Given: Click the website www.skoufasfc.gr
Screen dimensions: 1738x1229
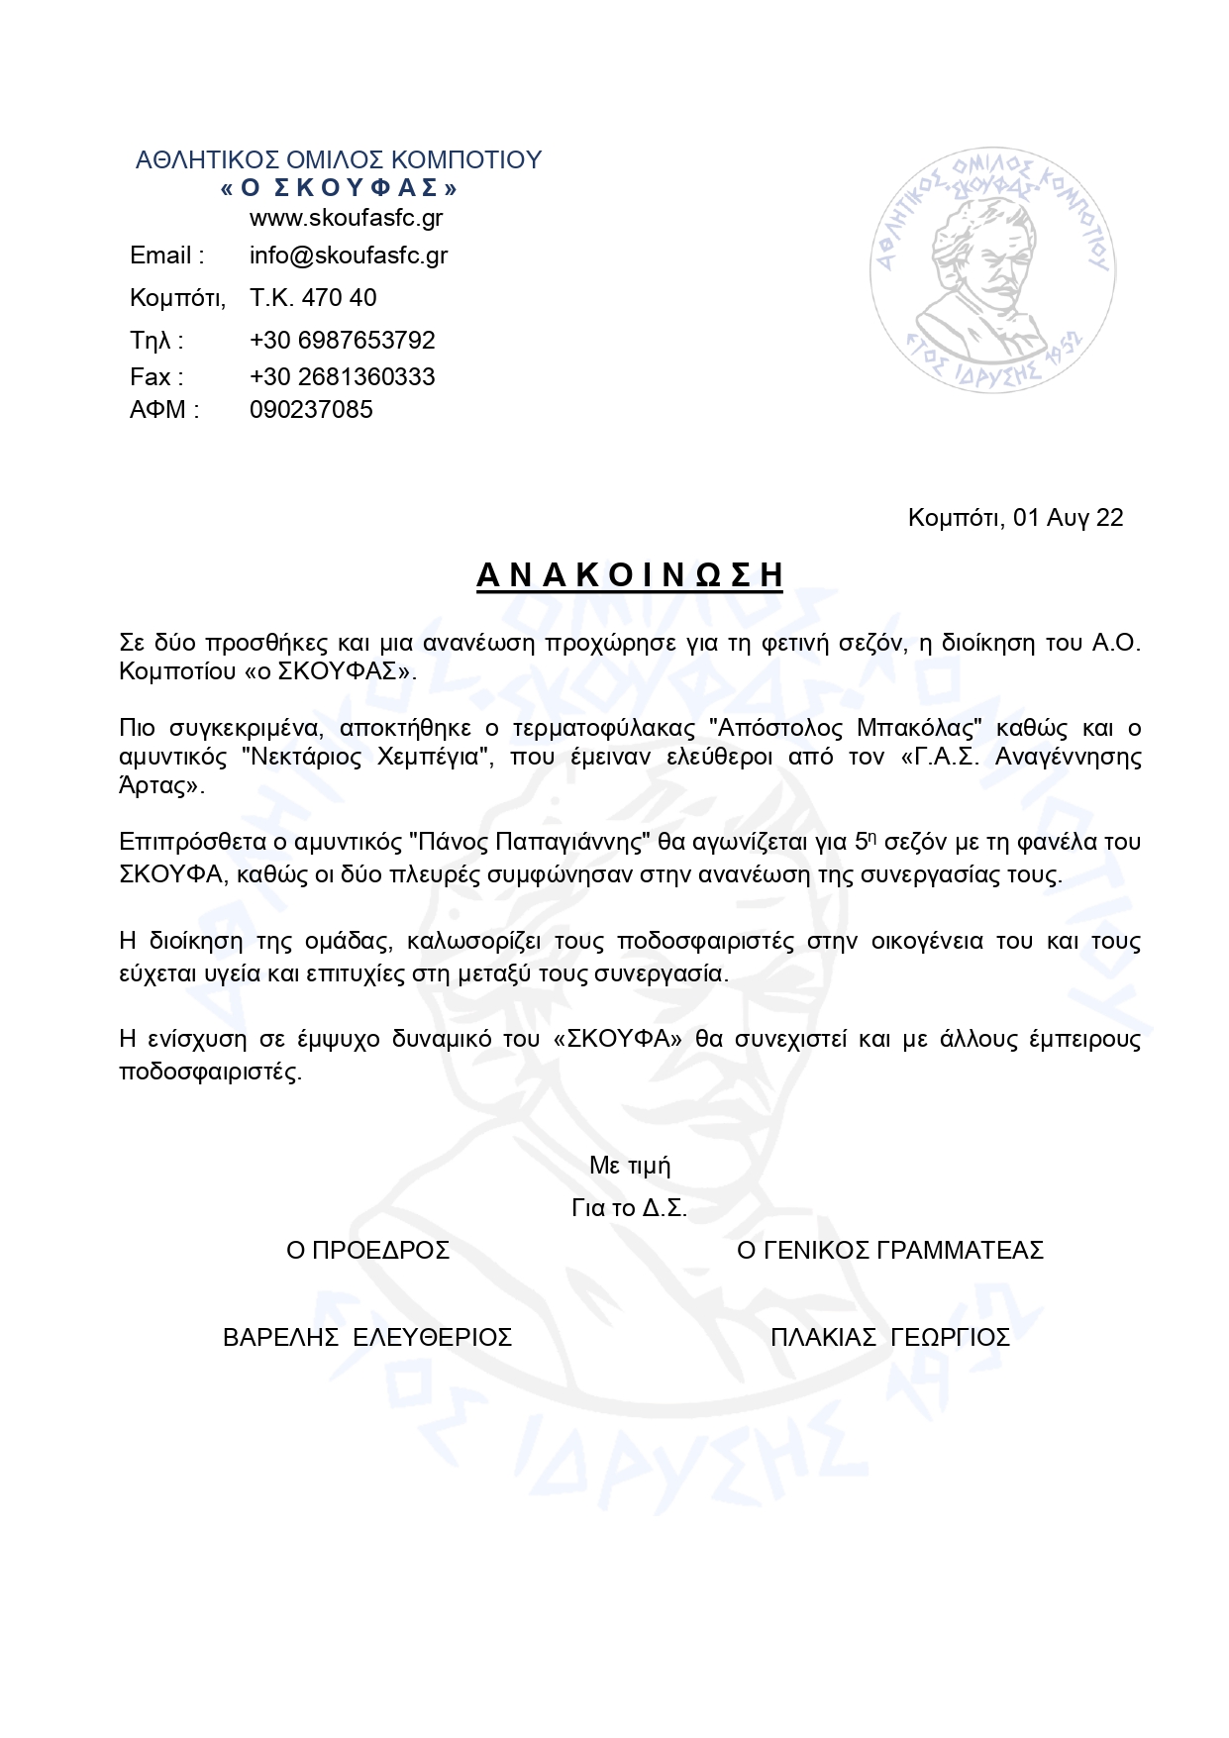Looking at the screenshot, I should click(x=346, y=218).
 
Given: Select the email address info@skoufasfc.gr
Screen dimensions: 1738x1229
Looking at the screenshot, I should click(x=349, y=256).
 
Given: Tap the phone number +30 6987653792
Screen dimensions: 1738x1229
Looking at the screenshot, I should click(x=343, y=341).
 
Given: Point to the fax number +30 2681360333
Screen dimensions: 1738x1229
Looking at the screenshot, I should click(x=343, y=377).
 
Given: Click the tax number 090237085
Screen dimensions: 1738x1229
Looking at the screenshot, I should click(x=311, y=410).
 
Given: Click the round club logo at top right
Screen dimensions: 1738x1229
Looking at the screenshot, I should click(x=992, y=267).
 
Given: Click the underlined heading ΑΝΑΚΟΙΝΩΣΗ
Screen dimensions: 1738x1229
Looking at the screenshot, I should click(x=630, y=575).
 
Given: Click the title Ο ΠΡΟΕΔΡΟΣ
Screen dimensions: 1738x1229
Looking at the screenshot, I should click(x=367, y=1251).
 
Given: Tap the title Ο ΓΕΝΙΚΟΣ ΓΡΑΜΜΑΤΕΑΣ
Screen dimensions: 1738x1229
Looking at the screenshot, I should click(x=890, y=1251).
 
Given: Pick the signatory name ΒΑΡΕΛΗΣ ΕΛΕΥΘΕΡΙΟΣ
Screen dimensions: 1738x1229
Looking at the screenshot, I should click(x=367, y=1338).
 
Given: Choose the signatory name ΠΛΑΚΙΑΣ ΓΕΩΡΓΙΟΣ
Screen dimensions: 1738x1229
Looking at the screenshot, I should click(x=890, y=1338).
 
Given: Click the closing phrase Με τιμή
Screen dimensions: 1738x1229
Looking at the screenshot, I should click(x=630, y=1166).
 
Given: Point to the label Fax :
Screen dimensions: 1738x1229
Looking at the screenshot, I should click(x=156, y=377).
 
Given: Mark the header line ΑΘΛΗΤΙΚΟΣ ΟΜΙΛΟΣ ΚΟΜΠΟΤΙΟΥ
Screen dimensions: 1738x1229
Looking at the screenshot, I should click(x=339, y=160).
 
